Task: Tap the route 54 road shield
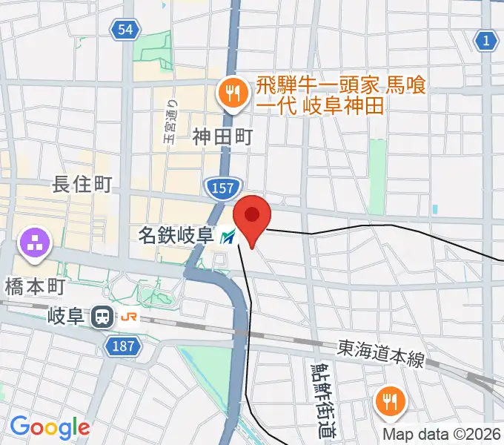pyautogui.click(x=125, y=30)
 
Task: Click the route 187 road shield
pyautogui.click(x=119, y=346)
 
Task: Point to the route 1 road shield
pyautogui.click(x=485, y=42)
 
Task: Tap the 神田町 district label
pyautogui.click(x=222, y=136)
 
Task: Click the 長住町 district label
pyautogui.click(x=82, y=185)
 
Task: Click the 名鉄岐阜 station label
pyautogui.click(x=176, y=236)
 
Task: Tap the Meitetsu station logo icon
pyautogui.click(x=228, y=237)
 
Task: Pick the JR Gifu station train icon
pyautogui.click(x=102, y=317)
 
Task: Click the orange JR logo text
pyautogui.click(x=129, y=317)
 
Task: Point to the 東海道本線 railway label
pyautogui.click(x=381, y=353)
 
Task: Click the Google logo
pyautogui.click(x=50, y=427)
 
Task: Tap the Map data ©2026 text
pyautogui.click(x=441, y=435)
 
